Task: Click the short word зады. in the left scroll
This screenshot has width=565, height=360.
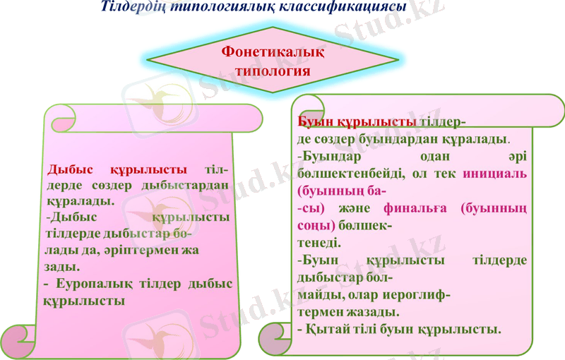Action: tap(62, 267)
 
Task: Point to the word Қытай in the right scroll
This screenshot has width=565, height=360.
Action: tap(326, 328)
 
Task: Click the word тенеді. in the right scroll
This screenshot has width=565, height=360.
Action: tap(319, 243)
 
